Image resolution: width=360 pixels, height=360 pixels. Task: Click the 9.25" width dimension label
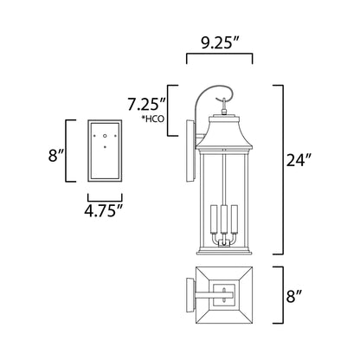219,40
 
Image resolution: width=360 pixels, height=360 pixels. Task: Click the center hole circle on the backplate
105,135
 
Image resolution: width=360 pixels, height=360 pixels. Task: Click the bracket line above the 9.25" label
219,57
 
